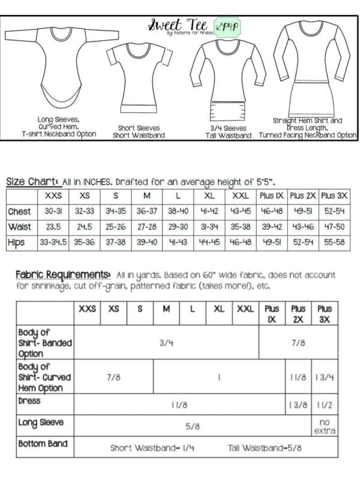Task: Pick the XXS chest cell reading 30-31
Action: coord(53,212)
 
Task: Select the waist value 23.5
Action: coord(53,227)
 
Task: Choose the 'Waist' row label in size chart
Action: coord(19,227)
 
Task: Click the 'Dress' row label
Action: coord(29,400)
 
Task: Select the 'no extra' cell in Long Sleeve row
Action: coord(325,426)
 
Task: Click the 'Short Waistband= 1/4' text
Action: coord(145,447)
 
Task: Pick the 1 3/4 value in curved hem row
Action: coord(325,377)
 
